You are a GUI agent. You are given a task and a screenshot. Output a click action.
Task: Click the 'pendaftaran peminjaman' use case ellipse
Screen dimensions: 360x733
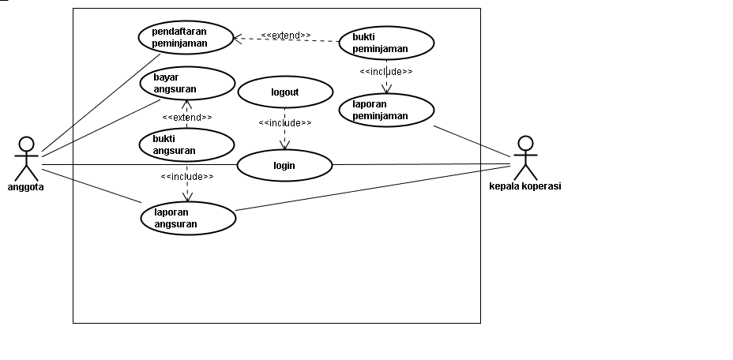[186, 37]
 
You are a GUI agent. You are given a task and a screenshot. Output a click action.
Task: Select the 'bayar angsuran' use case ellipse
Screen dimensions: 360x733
[188, 83]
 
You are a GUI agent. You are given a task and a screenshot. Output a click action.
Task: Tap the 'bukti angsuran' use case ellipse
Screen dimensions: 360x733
[186, 144]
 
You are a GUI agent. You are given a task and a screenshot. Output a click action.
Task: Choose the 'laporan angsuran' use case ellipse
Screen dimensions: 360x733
[189, 218]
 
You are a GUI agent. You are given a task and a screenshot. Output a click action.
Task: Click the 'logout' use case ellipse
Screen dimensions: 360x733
[284, 92]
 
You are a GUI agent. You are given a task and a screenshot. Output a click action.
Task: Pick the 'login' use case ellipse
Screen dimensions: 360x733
[284, 165]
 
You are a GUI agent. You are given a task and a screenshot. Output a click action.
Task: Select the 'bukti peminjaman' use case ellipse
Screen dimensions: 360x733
[387, 43]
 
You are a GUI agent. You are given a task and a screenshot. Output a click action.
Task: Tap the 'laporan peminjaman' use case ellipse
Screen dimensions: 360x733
[387, 111]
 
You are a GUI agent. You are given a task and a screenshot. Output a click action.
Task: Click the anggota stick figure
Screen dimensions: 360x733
[27, 159]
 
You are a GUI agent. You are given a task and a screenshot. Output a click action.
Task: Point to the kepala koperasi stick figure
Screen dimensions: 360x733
[525, 159]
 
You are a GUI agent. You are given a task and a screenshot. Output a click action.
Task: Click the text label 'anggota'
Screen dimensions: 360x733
[25, 187]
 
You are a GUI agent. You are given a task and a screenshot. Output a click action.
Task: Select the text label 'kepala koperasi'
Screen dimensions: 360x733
[525, 187]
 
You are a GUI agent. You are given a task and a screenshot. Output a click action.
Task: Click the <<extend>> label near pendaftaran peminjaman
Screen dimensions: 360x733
[285, 36]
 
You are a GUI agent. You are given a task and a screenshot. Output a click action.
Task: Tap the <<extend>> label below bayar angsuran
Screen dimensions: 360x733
[187, 117]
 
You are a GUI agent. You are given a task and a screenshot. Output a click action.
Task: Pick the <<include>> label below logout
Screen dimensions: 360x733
[284, 123]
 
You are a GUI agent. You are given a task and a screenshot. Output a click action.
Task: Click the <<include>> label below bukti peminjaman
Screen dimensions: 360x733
[386, 72]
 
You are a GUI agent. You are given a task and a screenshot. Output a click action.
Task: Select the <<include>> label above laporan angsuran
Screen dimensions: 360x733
[186, 176]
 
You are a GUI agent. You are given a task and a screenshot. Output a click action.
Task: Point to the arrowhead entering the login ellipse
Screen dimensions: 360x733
[284, 146]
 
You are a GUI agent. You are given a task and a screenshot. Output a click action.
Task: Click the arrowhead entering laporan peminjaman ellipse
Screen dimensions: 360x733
[387, 91]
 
